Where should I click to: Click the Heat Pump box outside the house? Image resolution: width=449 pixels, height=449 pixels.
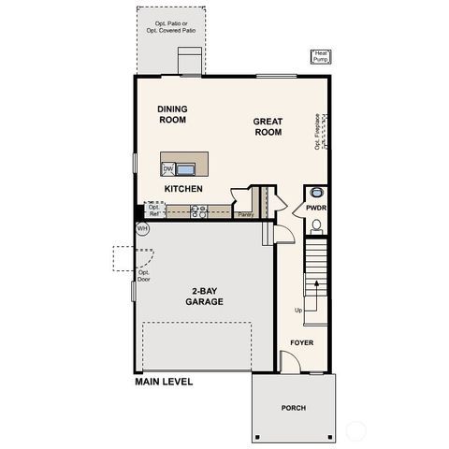tap(321, 56)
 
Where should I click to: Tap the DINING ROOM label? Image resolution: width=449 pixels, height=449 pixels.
tap(172, 114)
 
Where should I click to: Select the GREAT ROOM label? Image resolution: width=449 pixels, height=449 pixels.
tap(268, 127)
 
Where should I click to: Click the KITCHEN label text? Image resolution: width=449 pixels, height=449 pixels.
tap(183, 189)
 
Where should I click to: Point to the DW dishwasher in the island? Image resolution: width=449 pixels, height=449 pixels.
tap(168, 169)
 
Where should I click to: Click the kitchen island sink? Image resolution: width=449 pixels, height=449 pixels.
tap(186, 169)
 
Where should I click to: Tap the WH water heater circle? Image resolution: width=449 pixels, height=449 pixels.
tap(143, 228)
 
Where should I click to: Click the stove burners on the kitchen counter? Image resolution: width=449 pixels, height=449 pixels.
tap(198, 212)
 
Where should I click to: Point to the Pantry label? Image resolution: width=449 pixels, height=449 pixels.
tap(245, 215)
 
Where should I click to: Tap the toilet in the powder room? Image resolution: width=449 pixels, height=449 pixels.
tap(316, 225)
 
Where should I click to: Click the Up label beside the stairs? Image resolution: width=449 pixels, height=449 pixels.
tap(298, 310)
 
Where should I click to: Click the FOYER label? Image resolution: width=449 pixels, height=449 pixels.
tap(301, 343)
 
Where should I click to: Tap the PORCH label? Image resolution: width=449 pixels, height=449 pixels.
tap(294, 409)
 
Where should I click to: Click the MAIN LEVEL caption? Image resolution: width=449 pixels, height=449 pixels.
tap(164, 382)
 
